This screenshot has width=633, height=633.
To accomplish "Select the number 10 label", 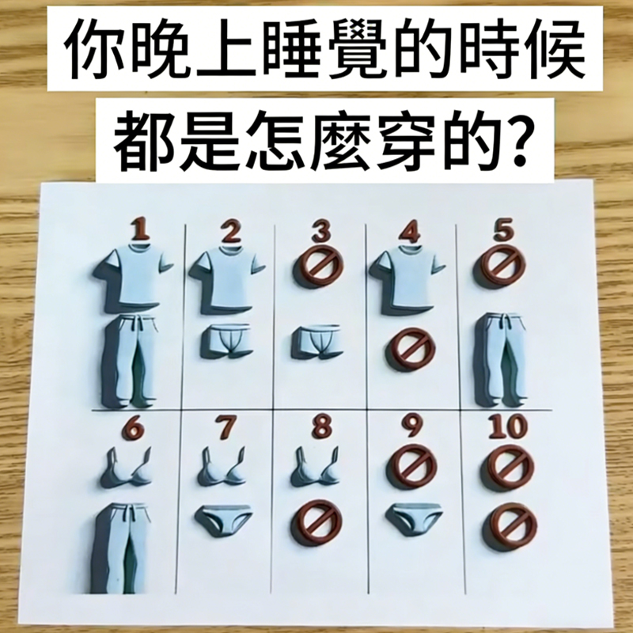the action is (x=507, y=426).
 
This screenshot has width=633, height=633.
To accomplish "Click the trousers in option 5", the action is (x=501, y=358).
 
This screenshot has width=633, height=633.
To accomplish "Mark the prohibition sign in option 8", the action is (x=317, y=524).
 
